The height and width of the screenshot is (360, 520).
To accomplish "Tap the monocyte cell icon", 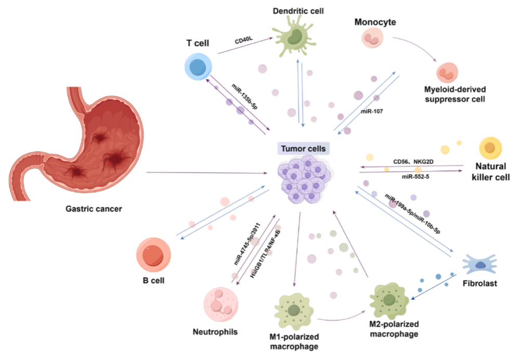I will [373, 40].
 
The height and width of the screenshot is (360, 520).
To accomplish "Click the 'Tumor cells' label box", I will [304, 149].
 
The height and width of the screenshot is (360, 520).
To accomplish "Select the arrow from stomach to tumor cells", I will [208, 172].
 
